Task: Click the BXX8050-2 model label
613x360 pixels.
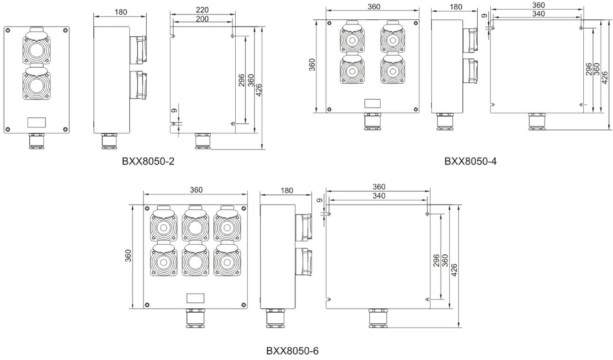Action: [x=148, y=161]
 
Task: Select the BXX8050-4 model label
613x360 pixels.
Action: [x=470, y=161]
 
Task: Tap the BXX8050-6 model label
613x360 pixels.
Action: [x=292, y=351]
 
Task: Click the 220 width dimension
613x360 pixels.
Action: [x=202, y=10]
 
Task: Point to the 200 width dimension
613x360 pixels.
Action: [x=202, y=19]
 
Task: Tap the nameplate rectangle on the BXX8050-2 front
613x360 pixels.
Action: [x=36, y=122]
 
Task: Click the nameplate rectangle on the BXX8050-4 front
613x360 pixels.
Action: [x=372, y=104]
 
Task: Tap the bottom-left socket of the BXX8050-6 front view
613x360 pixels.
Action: [x=163, y=262]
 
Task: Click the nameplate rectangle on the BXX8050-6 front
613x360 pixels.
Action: [x=195, y=298]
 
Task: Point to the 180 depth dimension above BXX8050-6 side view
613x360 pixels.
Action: [x=287, y=190]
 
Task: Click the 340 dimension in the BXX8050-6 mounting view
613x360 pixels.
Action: [x=378, y=196]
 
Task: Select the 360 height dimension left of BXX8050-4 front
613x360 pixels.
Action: [x=312, y=65]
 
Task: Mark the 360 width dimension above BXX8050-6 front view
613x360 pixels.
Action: [x=196, y=190]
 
